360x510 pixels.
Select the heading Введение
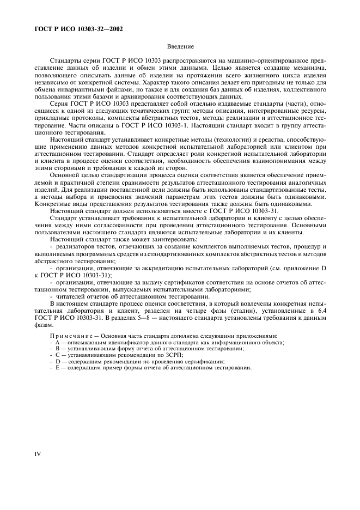180,47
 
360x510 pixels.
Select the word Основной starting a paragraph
66,175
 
